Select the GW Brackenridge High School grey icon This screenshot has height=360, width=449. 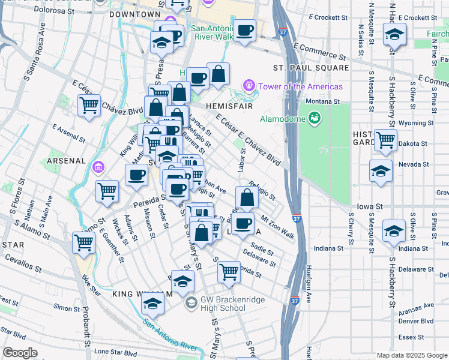pos(191,302)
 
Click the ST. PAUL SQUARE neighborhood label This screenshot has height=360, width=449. pos(310,68)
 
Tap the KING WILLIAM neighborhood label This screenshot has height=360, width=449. pos(142,293)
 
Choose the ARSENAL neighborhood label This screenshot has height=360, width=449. pos(66,161)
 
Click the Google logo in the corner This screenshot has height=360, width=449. pos(20,352)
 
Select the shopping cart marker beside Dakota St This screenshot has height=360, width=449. pos(385,140)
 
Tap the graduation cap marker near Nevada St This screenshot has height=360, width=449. pos(381,170)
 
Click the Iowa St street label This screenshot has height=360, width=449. pos(369,206)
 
